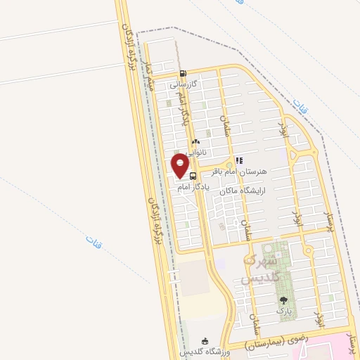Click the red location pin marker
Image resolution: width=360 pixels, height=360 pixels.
tap(181, 166)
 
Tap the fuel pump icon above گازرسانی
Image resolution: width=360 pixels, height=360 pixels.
tap(183, 73)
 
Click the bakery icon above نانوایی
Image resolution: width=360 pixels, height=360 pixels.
tap(195, 141)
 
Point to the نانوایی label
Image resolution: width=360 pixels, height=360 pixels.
tap(196, 151)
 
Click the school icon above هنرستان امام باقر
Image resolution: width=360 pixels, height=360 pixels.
tap(239, 160)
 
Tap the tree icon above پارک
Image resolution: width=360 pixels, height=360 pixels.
tap(283, 300)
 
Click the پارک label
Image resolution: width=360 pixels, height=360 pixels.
tap(283, 310)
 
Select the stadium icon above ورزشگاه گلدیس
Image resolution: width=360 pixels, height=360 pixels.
tap(205, 341)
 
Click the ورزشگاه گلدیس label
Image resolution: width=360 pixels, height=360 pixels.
tap(204, 351)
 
